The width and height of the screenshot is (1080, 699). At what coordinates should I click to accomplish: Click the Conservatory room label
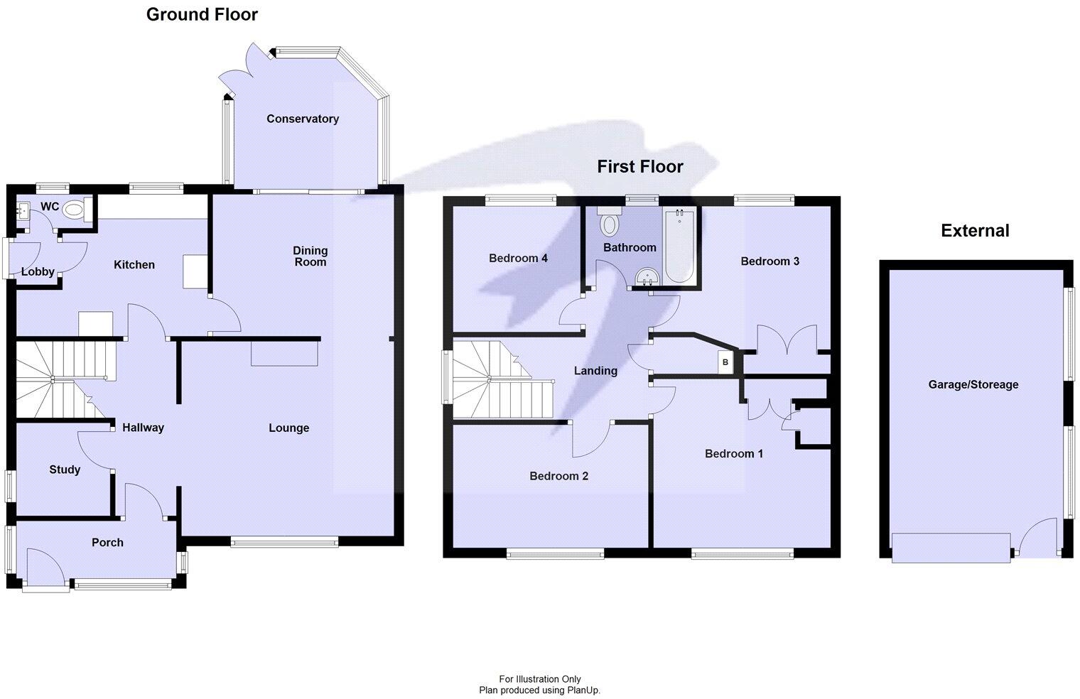[302, 119]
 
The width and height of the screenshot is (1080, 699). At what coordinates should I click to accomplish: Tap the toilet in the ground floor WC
[72, 210]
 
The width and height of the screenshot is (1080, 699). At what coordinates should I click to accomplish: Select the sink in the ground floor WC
[22, 211]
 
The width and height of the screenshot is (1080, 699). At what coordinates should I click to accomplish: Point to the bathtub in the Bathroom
[680, 246]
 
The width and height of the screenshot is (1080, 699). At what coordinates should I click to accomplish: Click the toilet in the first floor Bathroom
[609, 223]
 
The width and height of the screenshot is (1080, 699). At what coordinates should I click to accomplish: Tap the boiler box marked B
[725, 362]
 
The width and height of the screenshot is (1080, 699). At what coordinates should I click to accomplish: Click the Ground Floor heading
[202, 14]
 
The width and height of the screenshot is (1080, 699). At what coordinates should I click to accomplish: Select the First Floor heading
[639, 166]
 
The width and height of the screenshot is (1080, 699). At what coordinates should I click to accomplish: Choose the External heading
[975, 230]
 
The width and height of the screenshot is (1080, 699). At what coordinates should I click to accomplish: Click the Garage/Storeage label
[973, 384]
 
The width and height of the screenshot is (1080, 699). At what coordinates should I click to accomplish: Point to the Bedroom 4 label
[518, 258]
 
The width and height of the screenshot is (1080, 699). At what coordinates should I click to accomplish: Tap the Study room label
[65, 470]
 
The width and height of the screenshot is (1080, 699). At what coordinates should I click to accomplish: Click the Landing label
[595, 370]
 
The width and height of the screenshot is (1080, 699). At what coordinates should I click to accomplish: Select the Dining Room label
[310, 256]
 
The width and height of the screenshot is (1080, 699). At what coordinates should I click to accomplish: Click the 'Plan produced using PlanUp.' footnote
[539, 690]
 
